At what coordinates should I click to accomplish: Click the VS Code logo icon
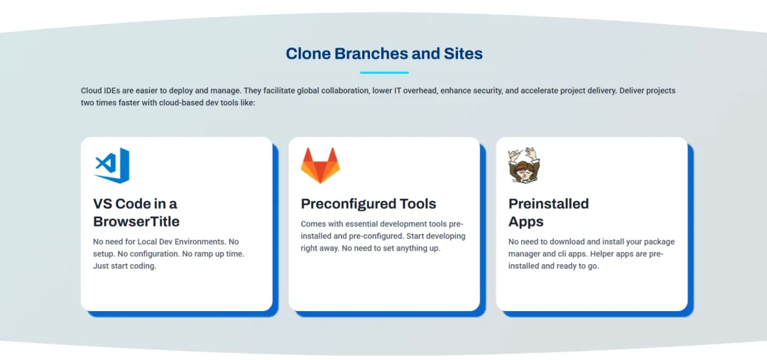coord(111,165)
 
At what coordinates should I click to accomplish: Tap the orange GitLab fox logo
coord(320,165)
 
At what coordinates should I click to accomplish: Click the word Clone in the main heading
coord(308,54)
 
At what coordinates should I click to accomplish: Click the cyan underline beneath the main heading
coord(383,72)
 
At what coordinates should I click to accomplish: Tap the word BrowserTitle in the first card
coord(136,222)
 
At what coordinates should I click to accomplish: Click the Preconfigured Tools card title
coord(369,204)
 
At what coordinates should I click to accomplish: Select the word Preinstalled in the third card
coord(548,204)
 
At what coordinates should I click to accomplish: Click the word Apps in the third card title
coord(526,222)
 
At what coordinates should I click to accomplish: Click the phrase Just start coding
coord(124,266)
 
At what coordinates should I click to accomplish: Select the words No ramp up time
coord(211,254)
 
